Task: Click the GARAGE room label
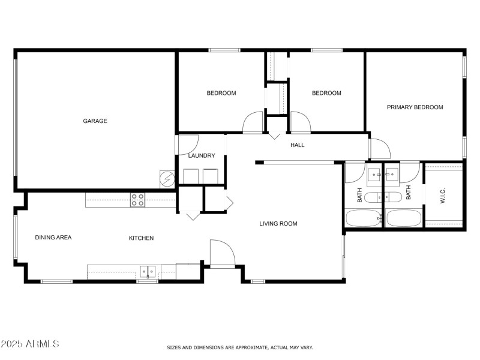[x=95, y=121]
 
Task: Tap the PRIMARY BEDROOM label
[x=415, y=107]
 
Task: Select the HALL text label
[x=298, y=145]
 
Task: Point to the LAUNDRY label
[x=201, y=156]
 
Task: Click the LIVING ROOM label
[x=278, y=224]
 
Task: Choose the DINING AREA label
[x=53, y=238]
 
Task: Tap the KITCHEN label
[x=141, y=238]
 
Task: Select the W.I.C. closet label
[x=443, y=195]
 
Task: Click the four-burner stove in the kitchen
[x=137, y=200]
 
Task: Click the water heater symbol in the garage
[x=166, y=179]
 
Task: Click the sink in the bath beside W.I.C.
[x=393, y=175]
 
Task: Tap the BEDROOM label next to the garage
[x=221, y=93]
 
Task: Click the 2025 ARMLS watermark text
[x=30, y=344]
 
